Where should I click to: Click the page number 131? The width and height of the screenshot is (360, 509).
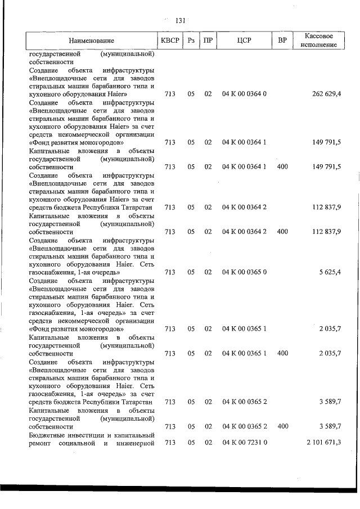point(180,21)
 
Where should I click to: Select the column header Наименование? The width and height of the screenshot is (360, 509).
point(92,40)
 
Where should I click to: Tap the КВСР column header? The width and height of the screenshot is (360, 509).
point(170,40)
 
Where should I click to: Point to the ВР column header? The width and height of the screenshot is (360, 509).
point(282,40)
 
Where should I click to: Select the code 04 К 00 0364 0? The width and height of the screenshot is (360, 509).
point(244,94)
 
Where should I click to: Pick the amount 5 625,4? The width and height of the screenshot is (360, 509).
point(330,272)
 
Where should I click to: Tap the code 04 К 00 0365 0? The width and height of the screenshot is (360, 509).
point(244,272)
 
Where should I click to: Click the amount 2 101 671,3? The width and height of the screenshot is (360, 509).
point(323,443)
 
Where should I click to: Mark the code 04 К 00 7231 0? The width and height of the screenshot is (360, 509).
point(244,443)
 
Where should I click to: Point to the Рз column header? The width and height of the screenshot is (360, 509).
point(191,40)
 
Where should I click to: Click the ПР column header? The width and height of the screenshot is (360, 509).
point(208,40)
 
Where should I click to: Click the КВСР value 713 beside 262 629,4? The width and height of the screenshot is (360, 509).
point(170,94)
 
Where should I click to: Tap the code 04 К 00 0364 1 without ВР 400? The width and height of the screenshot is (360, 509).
point(244,143)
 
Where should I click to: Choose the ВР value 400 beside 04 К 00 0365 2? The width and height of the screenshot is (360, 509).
point(282,427)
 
